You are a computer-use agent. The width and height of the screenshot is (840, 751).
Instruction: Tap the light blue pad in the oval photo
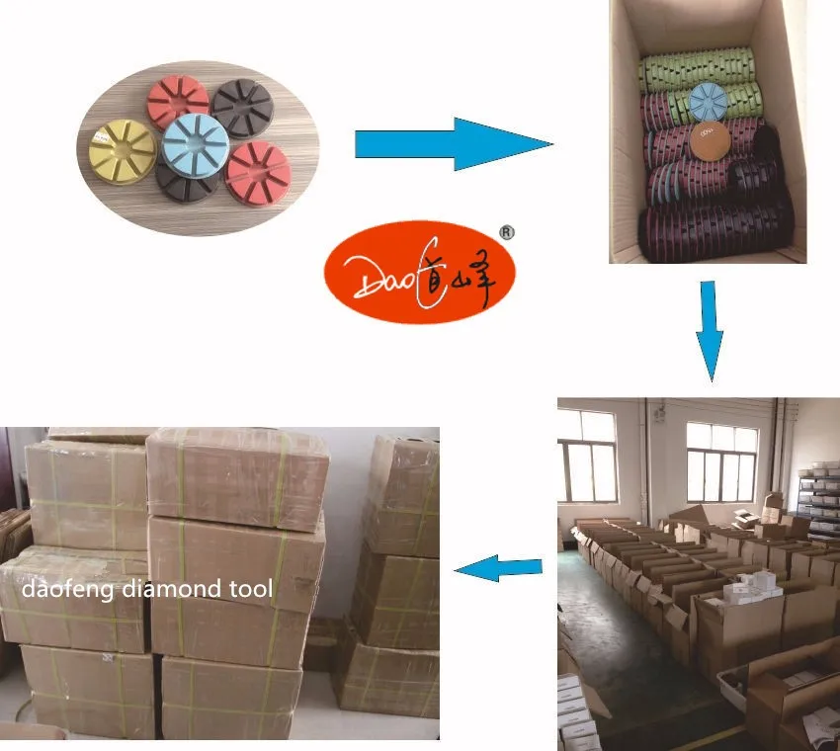tap(196, 145)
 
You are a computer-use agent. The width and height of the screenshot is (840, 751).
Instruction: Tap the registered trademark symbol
tap(508, 232)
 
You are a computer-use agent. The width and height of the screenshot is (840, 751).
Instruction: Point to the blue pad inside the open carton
tap(707, 101)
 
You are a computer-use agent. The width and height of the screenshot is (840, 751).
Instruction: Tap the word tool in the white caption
tap(254, 590)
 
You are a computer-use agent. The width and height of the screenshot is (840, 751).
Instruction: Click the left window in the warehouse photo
tap(587, 454)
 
